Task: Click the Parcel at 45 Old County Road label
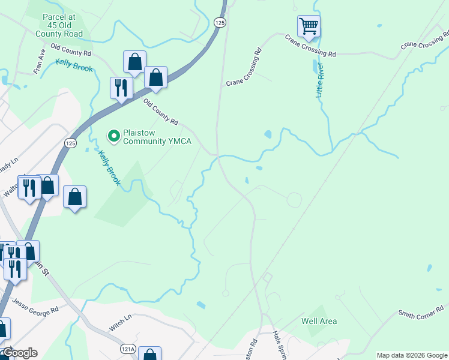tap(58, 26)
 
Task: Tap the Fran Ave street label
tap(40, 61)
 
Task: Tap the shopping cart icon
tap(309, 26)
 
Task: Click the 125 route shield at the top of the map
tap(220, 22)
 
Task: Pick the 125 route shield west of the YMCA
tap(70, 143)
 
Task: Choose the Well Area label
tap(319, 321)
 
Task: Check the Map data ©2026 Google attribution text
tap(411, 355)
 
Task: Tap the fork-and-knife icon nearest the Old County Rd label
tap(121, 88)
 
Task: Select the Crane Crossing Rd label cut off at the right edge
tap(425, 45)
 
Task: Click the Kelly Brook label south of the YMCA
tap(110, 167)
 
